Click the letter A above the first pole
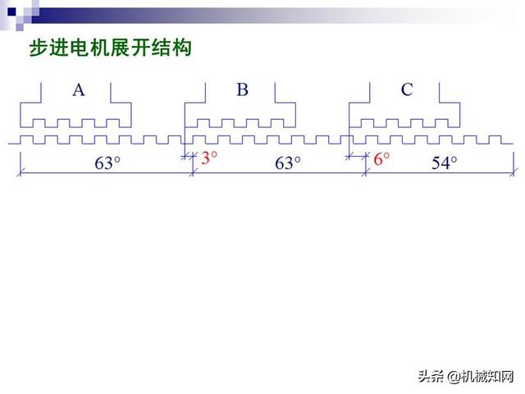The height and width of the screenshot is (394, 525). (79, 90)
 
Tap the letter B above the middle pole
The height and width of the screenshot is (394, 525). (242, 90)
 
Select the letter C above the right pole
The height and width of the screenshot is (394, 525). (407, 90)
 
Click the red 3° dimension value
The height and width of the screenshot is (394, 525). (210, 158)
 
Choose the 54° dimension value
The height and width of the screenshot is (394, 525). (443, 163)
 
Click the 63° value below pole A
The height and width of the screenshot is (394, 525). (107, 163)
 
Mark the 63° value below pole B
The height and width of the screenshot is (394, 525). (287, 163)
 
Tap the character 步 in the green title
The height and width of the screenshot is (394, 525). (38, 49)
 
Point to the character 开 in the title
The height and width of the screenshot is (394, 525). (141, 49)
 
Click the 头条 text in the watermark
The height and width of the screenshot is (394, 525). (430, 377)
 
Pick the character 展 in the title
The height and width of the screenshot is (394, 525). (121, 49)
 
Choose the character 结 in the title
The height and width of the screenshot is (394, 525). (162, 49)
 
